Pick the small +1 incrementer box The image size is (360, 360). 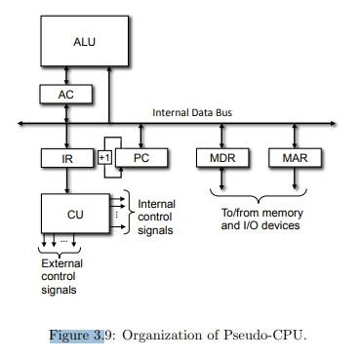pyautogui.click(x=105, y=156)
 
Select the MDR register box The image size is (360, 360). pyautogui.click(x=221, y=157)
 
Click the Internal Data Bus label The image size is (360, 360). pyautogui.click(x=192, y=113)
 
